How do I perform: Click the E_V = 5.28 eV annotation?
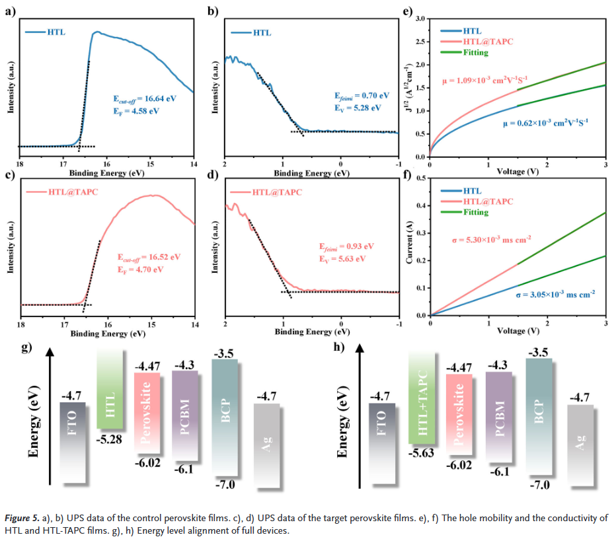tap(357, 108)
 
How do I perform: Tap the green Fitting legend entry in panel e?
tap(475, 52)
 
